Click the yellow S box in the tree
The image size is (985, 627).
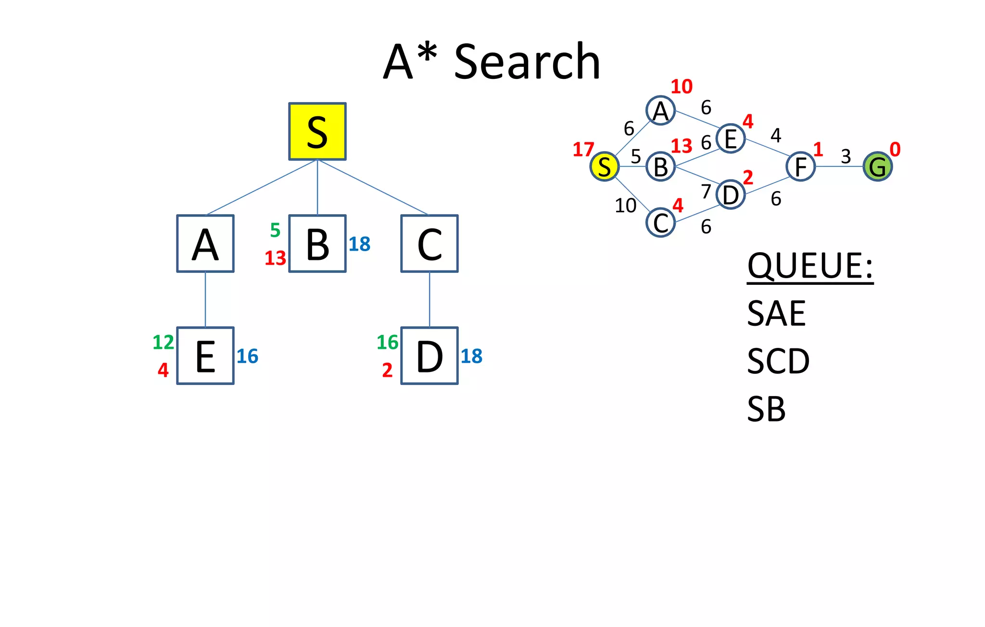(x=317, y=131)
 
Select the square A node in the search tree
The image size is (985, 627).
(x=205, y=243)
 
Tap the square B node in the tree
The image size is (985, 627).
(x=317, y=243)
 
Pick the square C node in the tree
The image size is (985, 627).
(x=429, y=243)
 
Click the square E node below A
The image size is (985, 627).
(x=205, y=356)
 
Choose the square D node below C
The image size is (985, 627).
(x=429, y=356)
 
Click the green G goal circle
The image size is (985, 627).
(x=878, y=166)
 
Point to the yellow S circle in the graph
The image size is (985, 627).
(x=605, y=166)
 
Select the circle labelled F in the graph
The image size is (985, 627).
(x=801, y=166)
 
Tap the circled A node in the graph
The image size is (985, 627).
(x=661, y=111)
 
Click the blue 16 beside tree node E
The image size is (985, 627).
(x=247, y=357)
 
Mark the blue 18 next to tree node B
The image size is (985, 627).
(x=359, y=244)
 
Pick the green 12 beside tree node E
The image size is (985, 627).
(x=163, y=343)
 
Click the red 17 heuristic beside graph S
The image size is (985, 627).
(x=583, y=150)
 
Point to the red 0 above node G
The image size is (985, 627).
(x=895, y=150)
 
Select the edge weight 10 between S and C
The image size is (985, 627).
(x=626, y=206)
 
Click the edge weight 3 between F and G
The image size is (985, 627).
(x=846, y=156)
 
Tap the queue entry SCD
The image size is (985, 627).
(x=778, y=361)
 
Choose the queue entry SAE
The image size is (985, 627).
(x=776, y=314)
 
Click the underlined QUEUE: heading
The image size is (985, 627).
(x=810, y=266)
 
